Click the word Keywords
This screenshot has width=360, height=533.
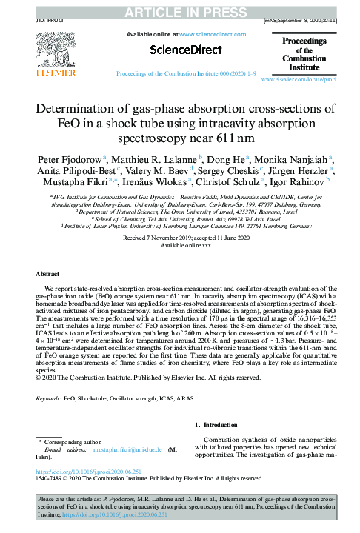pyautogui.click(x=49, y=398)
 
